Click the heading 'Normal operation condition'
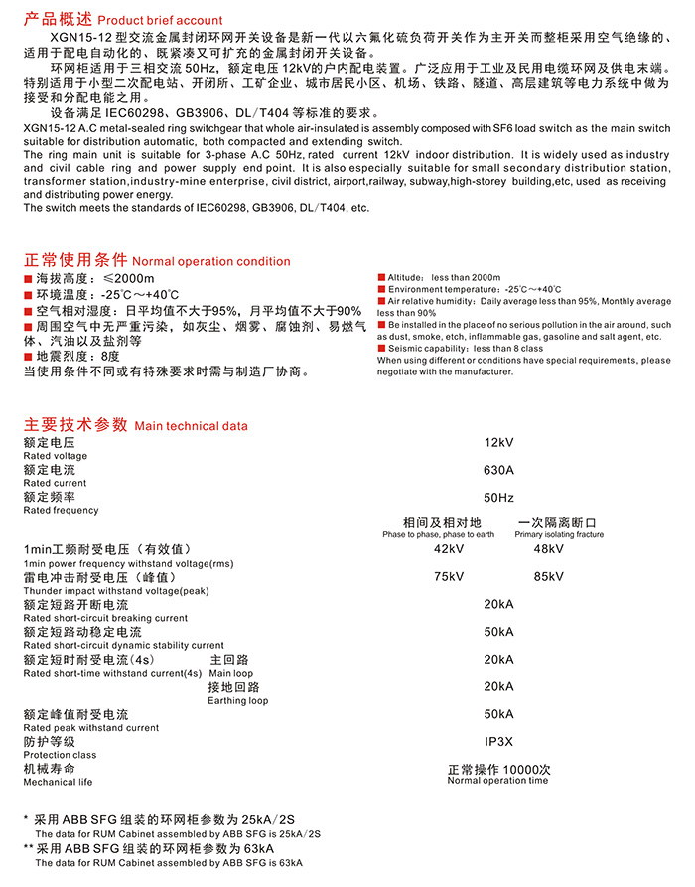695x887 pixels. [211, 262]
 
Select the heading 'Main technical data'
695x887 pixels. [191, 426]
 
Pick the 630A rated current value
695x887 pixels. [498, 470]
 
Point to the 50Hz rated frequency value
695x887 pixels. [498, 497]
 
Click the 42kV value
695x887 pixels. [449, 549]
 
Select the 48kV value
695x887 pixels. [548, 549]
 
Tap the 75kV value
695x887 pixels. [449, 577]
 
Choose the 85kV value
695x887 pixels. [548, 577]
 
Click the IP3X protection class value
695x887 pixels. [498, 741]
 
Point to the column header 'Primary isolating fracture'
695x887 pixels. [559, 535]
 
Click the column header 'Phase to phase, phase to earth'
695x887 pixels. [438, 535]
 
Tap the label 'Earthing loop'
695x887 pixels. [237, 701]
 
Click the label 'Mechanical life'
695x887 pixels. [58, 783]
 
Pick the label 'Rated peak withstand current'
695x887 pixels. [90, 728]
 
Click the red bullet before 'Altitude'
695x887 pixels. [381, 277]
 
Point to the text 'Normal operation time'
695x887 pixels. [497, 781]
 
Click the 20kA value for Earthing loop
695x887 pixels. [498, 686]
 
